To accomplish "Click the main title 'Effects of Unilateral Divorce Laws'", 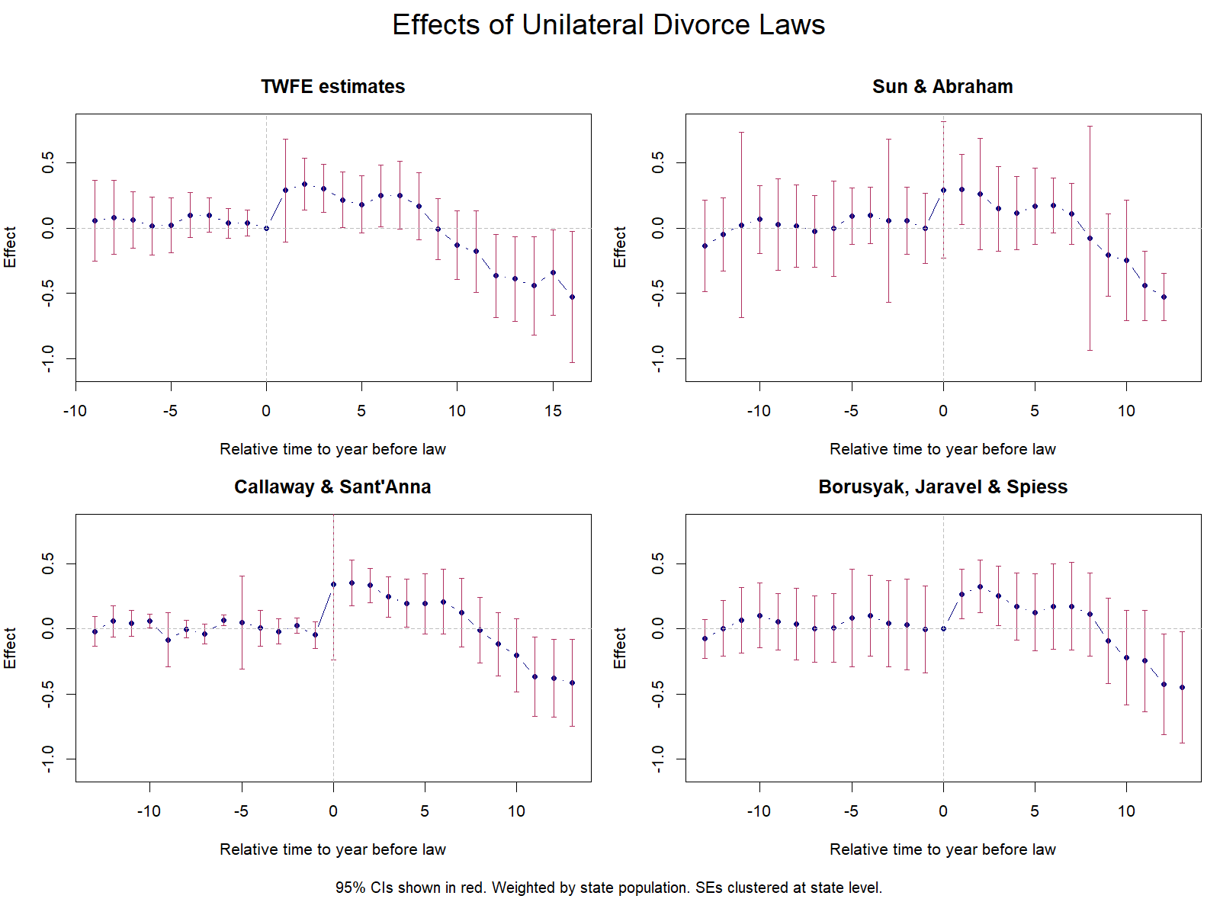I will (x=608, y=25).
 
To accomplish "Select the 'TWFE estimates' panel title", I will (x=332, y=87).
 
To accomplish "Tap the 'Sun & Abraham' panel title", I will (x=942, y=87).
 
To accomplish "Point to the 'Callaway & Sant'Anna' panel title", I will (x=332, y=487).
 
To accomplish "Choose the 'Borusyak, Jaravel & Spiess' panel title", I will (x=942, y=487).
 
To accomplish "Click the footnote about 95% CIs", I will (x=608, y=888).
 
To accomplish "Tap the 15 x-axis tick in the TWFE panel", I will (x=553, y=411).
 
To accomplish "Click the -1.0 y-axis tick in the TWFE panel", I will (x=48, y=358).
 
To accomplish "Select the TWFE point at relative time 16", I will (x=572, y=297).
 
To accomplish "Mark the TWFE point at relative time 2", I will (x=304, y=184).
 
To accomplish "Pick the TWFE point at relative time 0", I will (x=266, y=228).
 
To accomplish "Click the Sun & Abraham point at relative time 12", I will (x=1164, y=297).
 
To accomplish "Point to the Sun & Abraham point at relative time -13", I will (x=705, y=246).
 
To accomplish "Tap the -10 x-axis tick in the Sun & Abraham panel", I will (x=759, y=411).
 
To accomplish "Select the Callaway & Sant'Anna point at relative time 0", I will (x=333, y=585).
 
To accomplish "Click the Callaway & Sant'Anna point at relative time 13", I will (x=572, y=682).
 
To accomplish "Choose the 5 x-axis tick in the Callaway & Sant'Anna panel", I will (x=425, y=811).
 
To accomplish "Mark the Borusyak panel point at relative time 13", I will (x=1182, y=687).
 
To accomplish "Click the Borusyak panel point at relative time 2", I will (x=980, y=586).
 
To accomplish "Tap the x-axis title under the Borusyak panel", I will (x=942, y=849).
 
